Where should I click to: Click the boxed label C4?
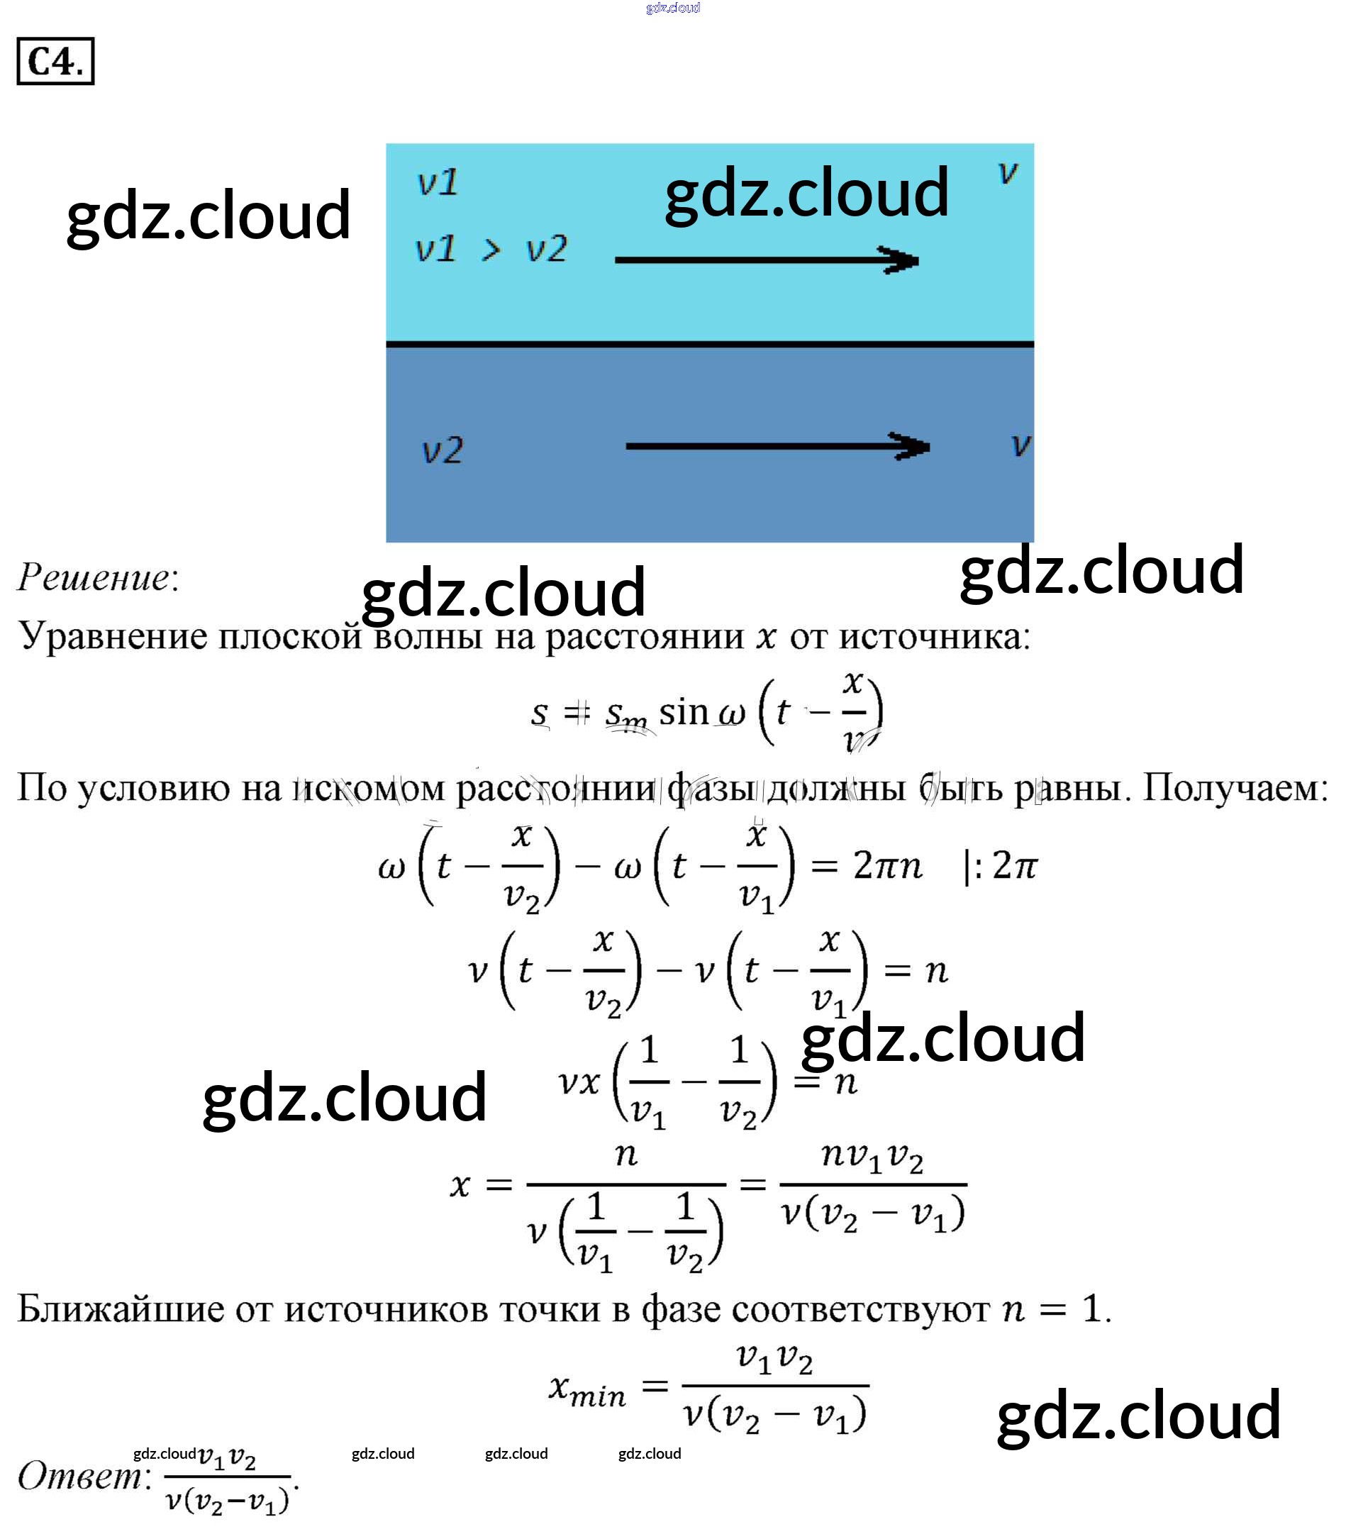(55, 61)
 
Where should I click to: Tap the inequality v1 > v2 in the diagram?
(491, 249)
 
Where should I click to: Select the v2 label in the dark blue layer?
(443, 450)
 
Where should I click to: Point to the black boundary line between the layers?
(709, 344)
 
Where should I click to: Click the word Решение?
(94, 577)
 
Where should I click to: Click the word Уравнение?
(112, 637)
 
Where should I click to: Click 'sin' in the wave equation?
(683, 711)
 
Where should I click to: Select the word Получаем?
(1235, 788)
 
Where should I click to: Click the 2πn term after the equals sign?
(887, 865)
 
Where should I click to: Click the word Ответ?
(79, 1476)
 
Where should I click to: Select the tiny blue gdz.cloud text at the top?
(672, 8)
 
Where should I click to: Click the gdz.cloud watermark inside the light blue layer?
(806, 192)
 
